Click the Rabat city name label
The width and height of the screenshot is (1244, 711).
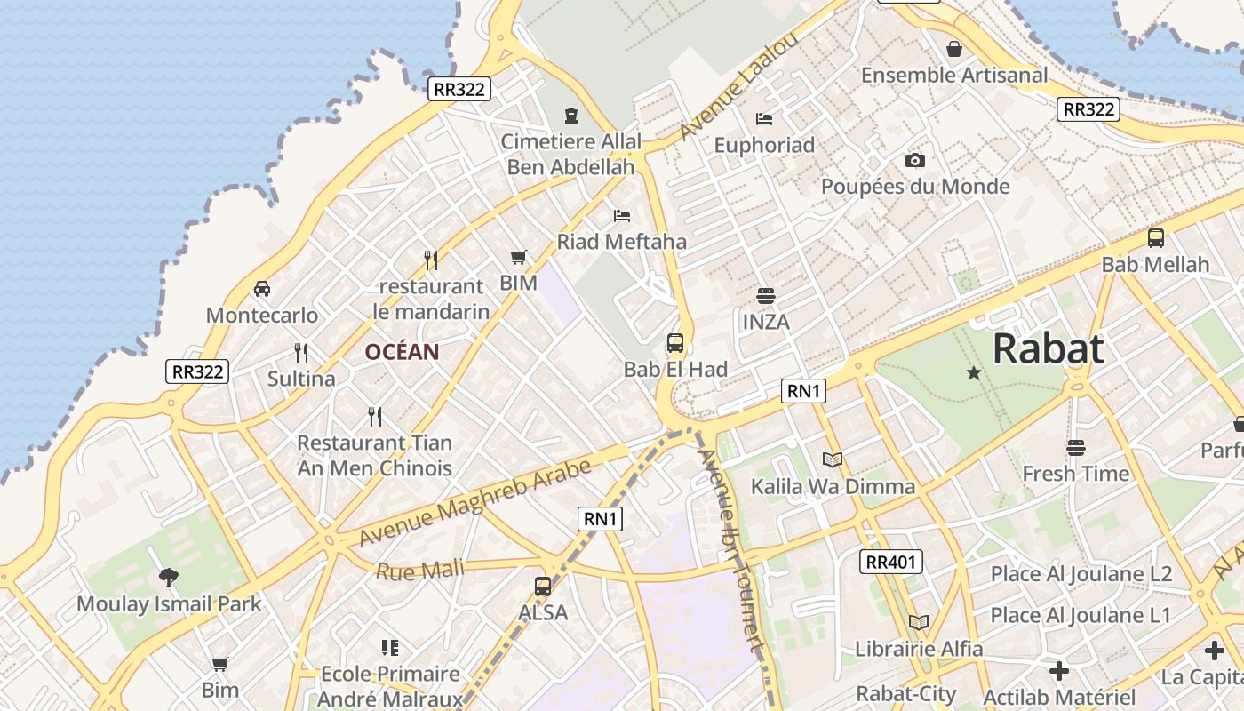pos(1049,348)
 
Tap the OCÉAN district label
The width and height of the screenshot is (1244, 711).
pos(402,352)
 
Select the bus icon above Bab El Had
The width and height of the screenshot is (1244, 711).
pos(675,343)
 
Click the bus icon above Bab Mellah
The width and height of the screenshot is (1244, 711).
pos(1155,238)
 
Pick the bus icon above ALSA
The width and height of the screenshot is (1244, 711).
pos(543,587)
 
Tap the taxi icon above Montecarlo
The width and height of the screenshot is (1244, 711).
pos(262,289)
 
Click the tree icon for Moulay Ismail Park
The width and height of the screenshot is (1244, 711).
pos(169,578)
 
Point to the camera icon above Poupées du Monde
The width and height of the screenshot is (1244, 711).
pos(915,160)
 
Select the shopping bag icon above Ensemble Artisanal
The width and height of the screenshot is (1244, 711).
pos(954,49)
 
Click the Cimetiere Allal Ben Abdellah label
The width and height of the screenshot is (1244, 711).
pos(570,154)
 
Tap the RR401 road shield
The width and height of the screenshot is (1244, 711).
pos(891,562)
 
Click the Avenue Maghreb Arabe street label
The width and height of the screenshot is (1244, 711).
pos(475,503)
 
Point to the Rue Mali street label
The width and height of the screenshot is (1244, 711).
pos(420,569)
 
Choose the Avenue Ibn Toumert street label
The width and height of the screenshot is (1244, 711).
pos(731,551)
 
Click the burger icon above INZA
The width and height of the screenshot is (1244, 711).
pos(766,295)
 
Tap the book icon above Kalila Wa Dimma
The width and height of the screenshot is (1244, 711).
pos(833,459)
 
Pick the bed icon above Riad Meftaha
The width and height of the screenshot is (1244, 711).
pos(622,215)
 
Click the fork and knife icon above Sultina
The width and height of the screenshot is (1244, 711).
pos(301,353)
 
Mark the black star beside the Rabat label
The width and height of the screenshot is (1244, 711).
pos(974,373)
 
